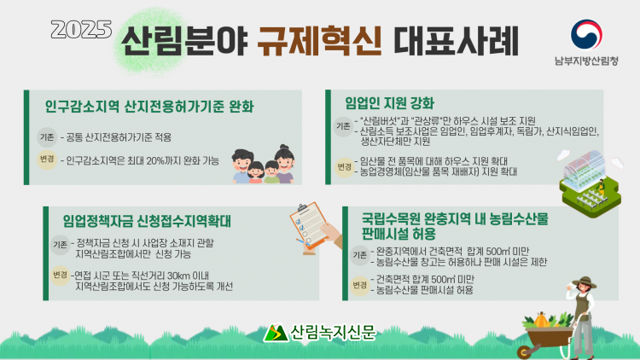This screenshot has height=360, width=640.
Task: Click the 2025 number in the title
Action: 81,29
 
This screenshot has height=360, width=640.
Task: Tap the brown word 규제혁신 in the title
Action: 319,41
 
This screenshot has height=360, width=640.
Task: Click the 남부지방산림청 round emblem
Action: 586,34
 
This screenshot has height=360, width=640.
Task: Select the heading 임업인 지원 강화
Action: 389,103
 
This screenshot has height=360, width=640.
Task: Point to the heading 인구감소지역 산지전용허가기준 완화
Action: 149,106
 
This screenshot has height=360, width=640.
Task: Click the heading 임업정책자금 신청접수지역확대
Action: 147,221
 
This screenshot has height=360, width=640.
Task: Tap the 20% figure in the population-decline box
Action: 155,161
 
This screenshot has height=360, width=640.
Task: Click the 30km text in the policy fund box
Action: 179,276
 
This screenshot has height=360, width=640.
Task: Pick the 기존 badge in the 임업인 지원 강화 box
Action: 343,126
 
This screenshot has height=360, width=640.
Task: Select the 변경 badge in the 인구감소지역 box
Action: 47,159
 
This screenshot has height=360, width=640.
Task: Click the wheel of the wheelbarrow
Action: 525,352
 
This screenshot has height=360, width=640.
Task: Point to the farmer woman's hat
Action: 584,282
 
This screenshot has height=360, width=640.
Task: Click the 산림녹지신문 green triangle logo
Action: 276,333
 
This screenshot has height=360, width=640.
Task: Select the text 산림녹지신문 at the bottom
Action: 333,332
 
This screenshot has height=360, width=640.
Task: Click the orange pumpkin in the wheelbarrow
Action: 541,320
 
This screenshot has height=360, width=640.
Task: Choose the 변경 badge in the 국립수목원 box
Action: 359,284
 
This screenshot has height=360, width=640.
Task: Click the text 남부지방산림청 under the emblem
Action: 586,61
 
